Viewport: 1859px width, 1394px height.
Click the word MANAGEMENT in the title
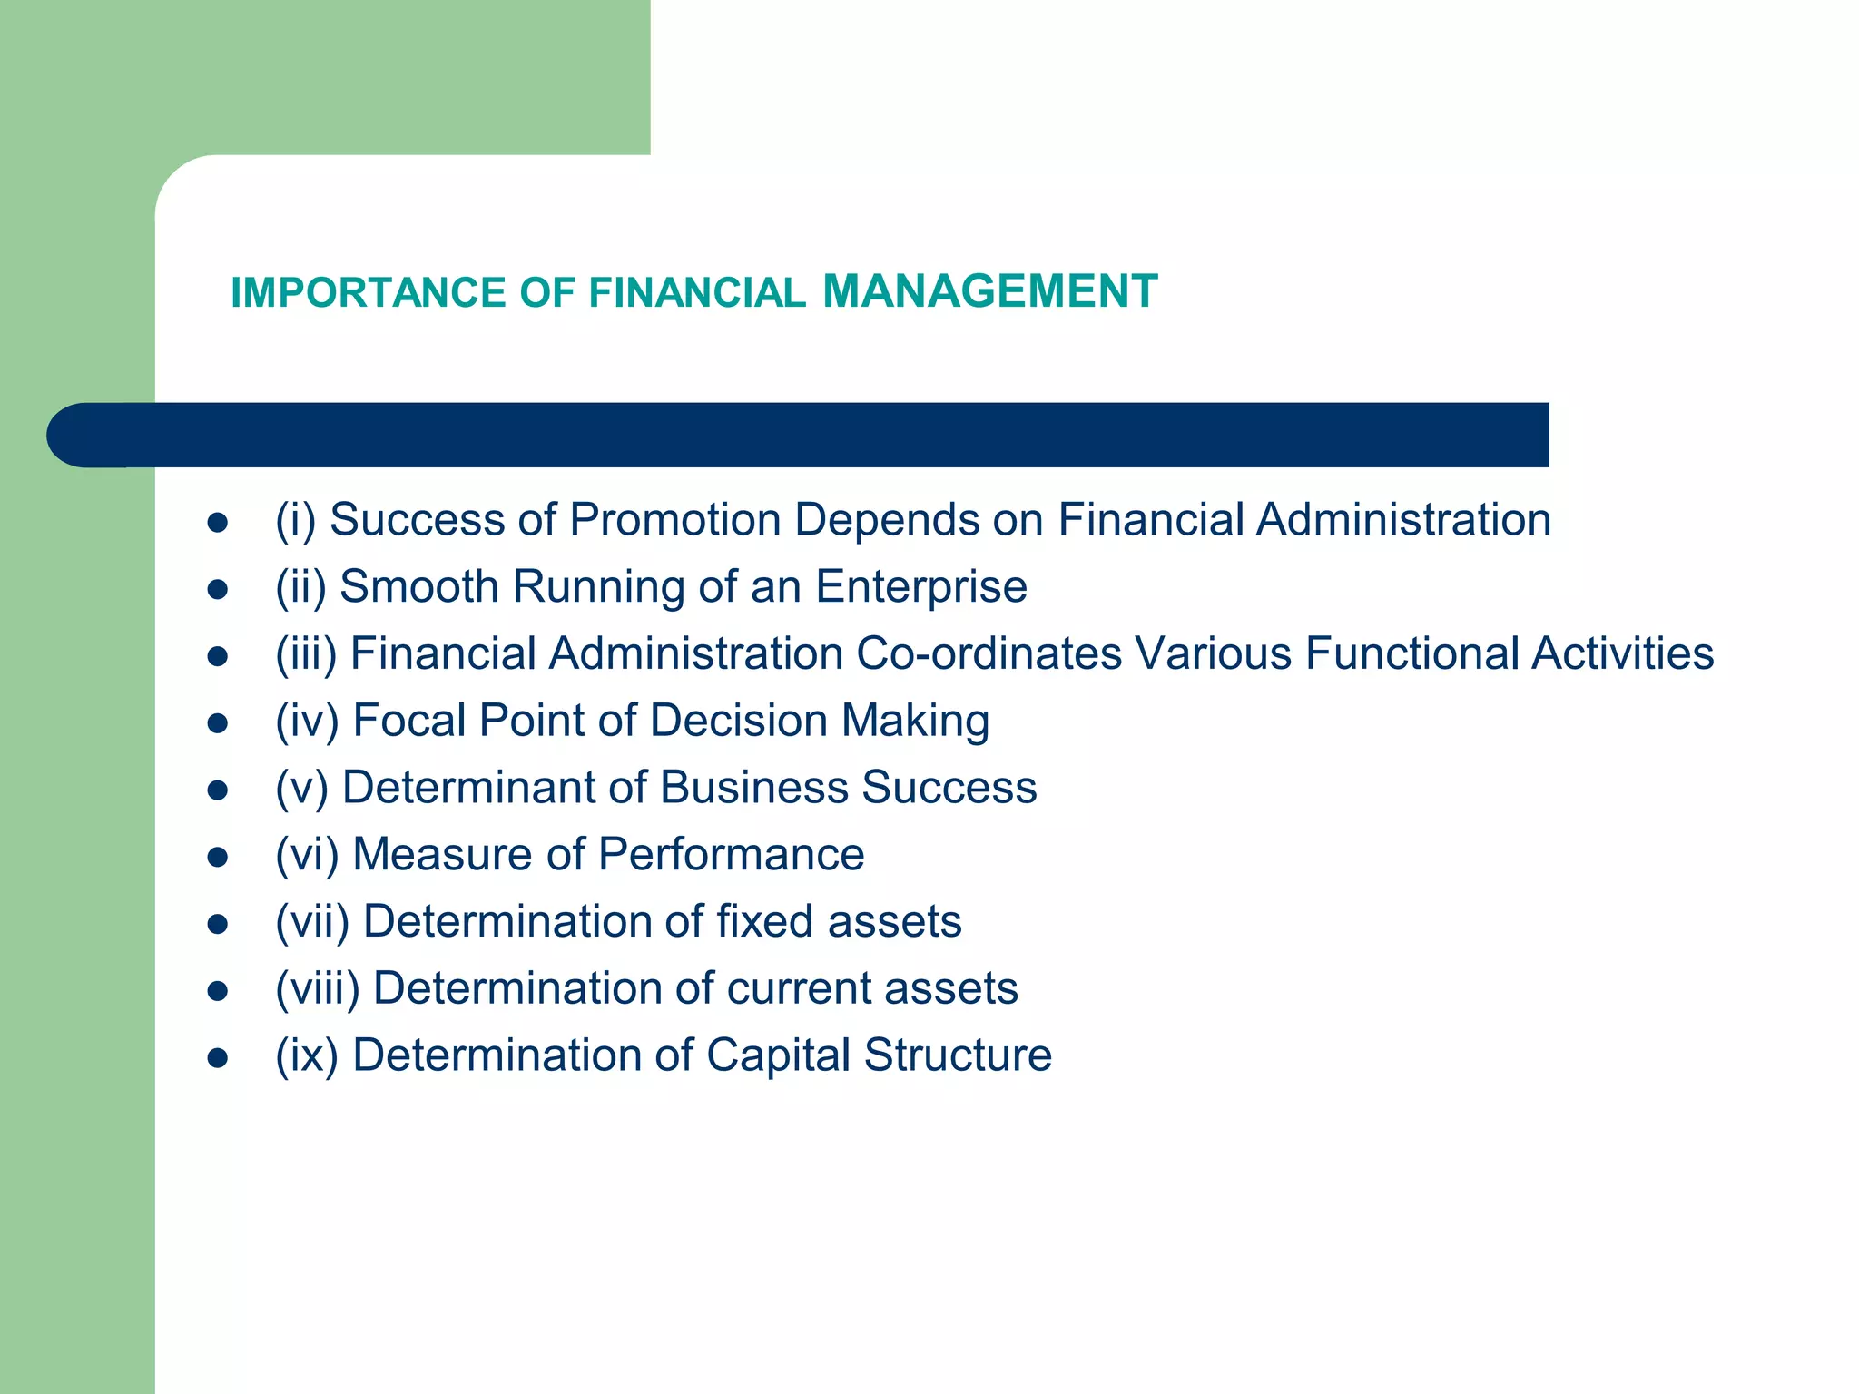989,291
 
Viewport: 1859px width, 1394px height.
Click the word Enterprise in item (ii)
921,587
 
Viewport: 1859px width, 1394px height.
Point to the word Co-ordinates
989,653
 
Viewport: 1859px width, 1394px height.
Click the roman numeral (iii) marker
306,654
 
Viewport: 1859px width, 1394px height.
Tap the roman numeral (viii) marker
318,988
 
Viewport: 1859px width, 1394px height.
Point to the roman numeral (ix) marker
307,1055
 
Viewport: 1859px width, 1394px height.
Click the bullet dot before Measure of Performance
217,857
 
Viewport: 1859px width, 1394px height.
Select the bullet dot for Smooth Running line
217,590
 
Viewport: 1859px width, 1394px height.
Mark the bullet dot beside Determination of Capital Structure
217,1057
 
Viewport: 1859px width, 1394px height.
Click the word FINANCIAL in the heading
697,293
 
